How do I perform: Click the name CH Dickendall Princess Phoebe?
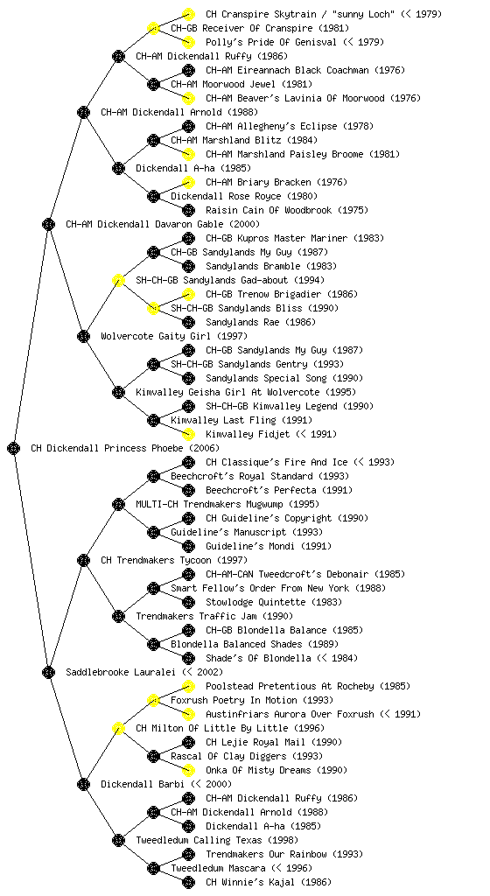coord(108,448)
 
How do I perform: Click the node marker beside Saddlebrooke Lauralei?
coord(48,672)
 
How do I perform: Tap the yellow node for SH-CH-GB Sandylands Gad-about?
coord(118,280)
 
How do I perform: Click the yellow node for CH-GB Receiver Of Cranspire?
coord(153,28)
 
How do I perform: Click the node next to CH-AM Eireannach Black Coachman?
coord(188,70)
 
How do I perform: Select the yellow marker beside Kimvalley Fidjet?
coord(188,434)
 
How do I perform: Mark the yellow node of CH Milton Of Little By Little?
coord(118,728)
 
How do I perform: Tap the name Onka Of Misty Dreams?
coord(258,770)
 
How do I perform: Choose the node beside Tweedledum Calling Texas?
coord(118,840)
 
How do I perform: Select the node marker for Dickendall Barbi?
coord(83,784)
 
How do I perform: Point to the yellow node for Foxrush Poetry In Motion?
coord(153,700)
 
